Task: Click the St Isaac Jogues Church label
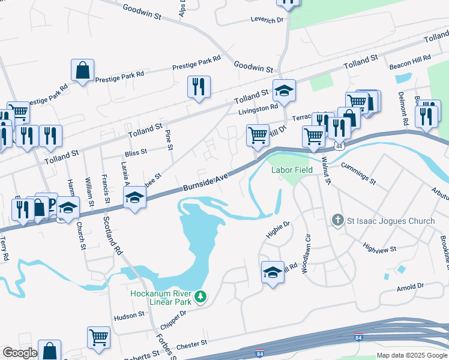pos(391,221)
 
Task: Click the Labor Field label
pos(292,170)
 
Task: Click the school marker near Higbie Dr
pos(273,272)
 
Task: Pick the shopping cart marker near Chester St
pos(98,337)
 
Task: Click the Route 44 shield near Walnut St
pos(339,146)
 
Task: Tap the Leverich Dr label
pos(267,20)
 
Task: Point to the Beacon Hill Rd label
pos(411,58)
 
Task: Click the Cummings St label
pos(358,173)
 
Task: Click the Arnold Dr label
pos(410,287)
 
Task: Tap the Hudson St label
pos(128,314)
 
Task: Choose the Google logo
pos(20,353)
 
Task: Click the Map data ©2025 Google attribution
pos(412,355)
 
